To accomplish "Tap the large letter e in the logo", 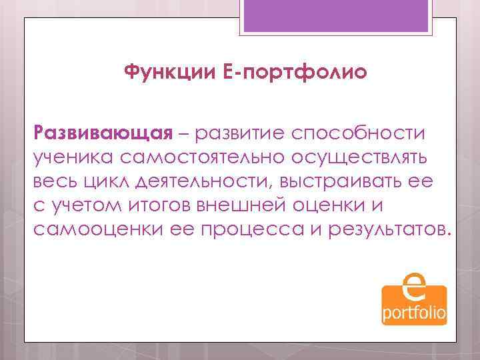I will tap(414, 288).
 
